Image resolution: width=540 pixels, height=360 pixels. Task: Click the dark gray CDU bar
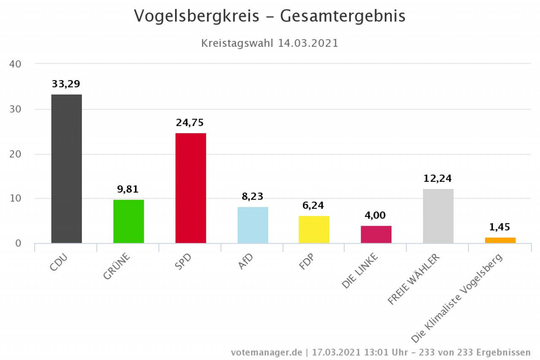pyautogui.click(x=67, y=169)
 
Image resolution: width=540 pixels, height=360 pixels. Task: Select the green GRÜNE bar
pyautogui.click(x=129, y=221)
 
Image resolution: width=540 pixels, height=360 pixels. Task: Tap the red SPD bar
pyautogui.click(x=191, y=188)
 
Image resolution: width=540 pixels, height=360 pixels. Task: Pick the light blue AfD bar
pyautogui.click(x=253, y=225)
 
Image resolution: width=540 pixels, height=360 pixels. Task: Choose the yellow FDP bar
pyautogui.click(x=314, y=229)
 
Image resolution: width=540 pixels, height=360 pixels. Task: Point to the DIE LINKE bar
pyautogui.click(x=376, y=234)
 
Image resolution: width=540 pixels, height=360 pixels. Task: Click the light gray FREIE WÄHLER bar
pyautogui.click(x=438, y=216)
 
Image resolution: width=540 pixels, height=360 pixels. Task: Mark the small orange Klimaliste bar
pyautogui.click(x=500, y=240)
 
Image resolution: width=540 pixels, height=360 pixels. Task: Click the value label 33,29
pyautogui.click(x=66, y=84)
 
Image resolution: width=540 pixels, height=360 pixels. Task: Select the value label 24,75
pyautogui.click(x=190, y=123)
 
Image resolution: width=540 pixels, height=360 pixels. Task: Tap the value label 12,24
pyautogui.click(x=437, y=179)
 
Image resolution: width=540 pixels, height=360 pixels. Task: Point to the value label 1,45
pyautogui.click(x=499, y=227)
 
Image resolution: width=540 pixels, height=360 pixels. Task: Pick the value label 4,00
pyautogui.click(x=375, y=215)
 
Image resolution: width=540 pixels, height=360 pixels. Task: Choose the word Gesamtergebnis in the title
pyautogui.click(x=343, y=16)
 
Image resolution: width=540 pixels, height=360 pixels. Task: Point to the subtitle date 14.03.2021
pyautogui.click(x=308, y=43)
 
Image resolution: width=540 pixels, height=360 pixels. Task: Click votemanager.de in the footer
pyautogui.click(x=267, y=352)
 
